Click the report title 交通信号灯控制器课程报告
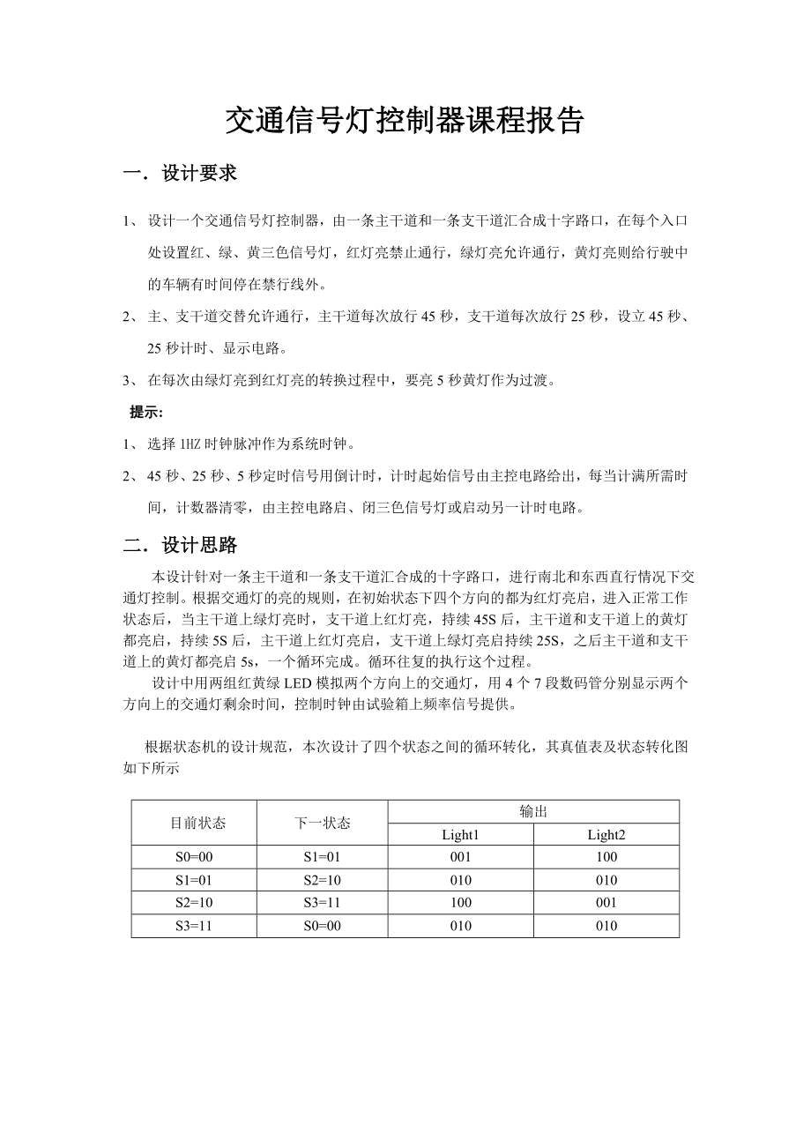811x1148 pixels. (405, 121)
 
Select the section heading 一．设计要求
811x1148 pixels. (180, 174)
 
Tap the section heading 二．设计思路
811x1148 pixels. (180, 546)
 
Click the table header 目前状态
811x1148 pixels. (197, 823)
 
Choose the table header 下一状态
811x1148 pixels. (322, 823)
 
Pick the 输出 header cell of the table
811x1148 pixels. (533, 811)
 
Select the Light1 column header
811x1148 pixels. (460, 834)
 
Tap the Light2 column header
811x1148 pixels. (606, 834)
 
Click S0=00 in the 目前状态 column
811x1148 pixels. (193, 857)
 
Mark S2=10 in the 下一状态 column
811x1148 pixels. (322, 880)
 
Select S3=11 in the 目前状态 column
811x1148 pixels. (193, 926)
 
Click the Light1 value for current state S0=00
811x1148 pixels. (460, 857)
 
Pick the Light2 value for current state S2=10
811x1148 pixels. (606, 903)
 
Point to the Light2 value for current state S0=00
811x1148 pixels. (606, 857)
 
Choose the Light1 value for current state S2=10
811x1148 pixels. (460, 903)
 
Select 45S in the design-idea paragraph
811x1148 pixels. (485, 620)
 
